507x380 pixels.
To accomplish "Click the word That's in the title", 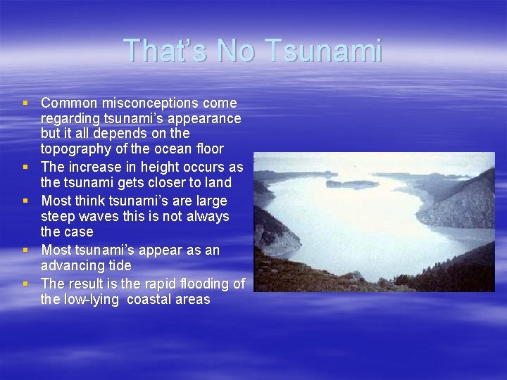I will point(165,51).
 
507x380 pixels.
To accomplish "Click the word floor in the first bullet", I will point(210,148).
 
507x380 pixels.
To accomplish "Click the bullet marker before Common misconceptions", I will point(26,103).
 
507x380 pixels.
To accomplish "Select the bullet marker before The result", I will point(26,284).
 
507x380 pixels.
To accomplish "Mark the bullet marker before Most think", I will point(26,201).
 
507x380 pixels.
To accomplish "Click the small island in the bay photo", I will point(351,184).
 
